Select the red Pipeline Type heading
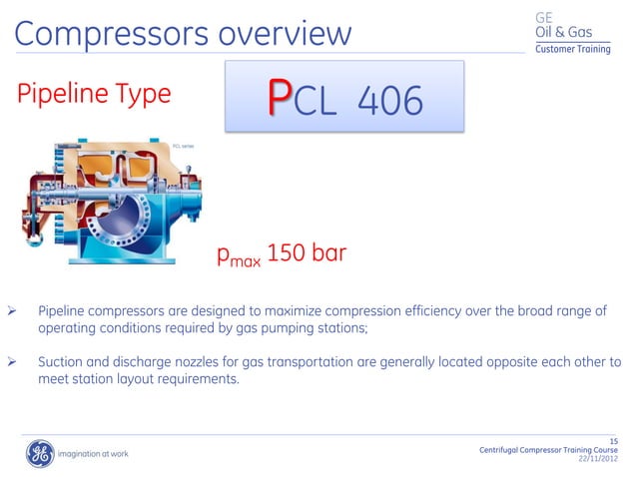click(x=93, y=95)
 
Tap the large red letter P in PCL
click(x=281, y=99)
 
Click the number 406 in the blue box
click(x=388, y=99)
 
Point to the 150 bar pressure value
click(x=307, y=253)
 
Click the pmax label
click(x=240, y=257)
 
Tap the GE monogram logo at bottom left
click(x=39, y=454)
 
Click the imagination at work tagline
click(x=93, y=455)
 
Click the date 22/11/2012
click(x=598, y=460)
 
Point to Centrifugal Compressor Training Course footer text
click(x=549, y=451)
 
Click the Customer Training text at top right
click(x=573, y=50)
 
